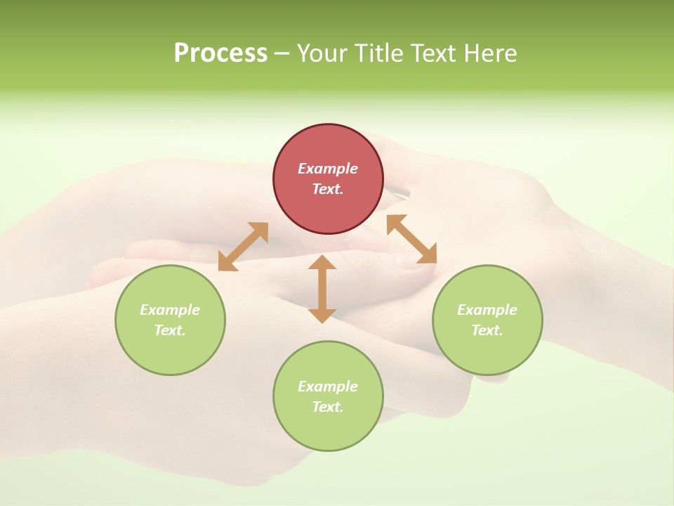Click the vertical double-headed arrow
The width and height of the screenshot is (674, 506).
pos(322,289)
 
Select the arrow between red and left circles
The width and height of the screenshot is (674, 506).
pos(243,247)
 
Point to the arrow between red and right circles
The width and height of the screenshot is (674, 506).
pos(411,239)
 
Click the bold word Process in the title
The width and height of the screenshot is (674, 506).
pos(220,53)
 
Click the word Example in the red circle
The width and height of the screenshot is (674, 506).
pos(328,169)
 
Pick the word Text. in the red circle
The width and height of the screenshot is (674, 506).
pos(328,189)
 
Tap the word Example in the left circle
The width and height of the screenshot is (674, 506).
pos(170,310)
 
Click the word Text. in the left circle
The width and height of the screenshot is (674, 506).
pos(170,330)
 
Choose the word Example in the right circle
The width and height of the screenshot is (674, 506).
pos(487,310)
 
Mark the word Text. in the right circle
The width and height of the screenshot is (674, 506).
pos(487,330)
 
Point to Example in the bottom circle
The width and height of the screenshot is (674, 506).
pos(328,387)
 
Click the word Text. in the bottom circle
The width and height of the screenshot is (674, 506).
pos(328,407)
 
